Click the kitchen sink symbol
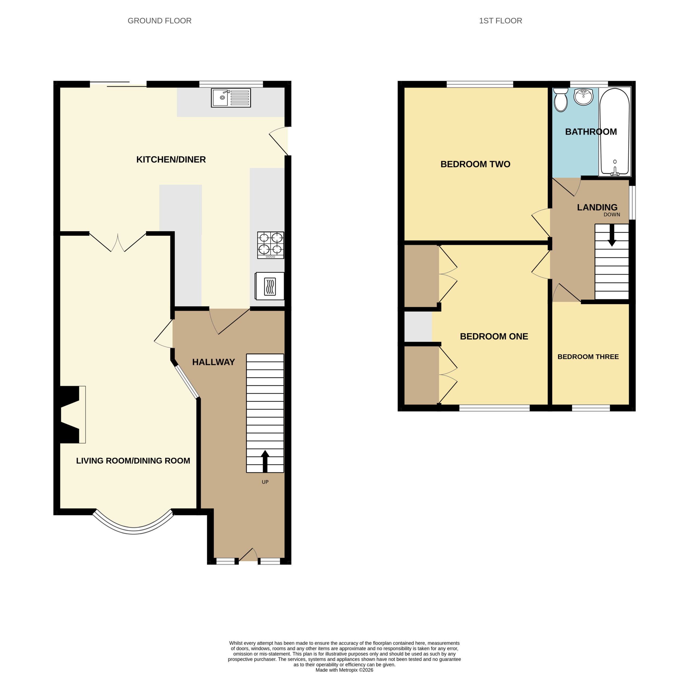coord(231,97)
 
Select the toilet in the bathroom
coord(561,100)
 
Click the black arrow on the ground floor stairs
coord(265,461)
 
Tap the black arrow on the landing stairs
coord(612,235)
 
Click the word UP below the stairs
coord(265,482)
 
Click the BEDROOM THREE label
coord(588,357)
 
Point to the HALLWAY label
coord(213,362)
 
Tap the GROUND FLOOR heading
coord(159,21)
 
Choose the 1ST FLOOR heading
coord(500,21)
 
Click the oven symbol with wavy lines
coord(270,286)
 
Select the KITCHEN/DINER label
coord(171,159)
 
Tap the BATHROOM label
coord(591,132)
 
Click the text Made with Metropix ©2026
coord(344,670)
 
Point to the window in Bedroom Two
coord(480,84)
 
